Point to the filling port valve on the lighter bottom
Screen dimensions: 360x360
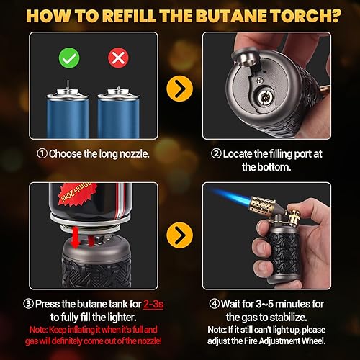coord(268,95)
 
